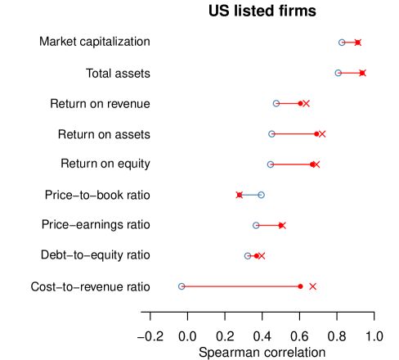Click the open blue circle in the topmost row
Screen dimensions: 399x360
click(x=342, y=43)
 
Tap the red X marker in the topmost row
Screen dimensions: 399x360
click(x=357, y=43)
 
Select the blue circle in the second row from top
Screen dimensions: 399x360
click(x=338, y=73)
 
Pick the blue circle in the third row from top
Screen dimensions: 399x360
click(x=276, y=103)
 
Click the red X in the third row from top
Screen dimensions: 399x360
click(x=306, y=103)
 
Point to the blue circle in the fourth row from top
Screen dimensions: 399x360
click(x=271, y=134)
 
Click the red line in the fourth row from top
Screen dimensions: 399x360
click(x=294, y=134)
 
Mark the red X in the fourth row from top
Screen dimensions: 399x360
click(x=322, y=134)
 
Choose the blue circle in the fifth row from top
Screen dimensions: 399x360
click(x=270, y=164)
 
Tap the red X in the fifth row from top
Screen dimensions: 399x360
click(x=316, y=164)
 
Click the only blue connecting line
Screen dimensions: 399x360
click(x=249, y=195)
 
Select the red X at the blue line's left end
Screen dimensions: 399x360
click(x=239, y=195)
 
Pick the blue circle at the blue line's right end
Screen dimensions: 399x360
click(x=261, y=195)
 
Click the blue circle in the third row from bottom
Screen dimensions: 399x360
click(x=256, y=225)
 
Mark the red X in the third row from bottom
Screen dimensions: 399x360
click(x=282, y=225)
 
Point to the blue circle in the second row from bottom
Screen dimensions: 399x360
click(x=248, y=256)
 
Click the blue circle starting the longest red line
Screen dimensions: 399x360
click(x=182, y=286)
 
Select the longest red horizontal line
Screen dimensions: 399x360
click(x=241, y=286)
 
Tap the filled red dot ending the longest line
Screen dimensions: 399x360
click(x=300, y=286)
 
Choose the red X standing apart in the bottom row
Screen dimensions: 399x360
click(x=312, y=286)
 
